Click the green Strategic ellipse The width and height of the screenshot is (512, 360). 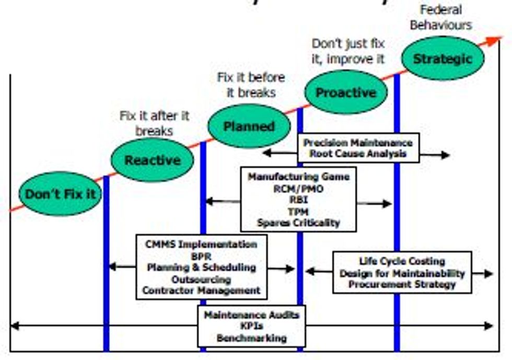coord(442,59)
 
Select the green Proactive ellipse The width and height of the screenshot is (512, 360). coord(346,92)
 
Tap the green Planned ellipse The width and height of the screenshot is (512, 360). coord(249,126)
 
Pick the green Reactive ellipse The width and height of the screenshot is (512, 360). coord(153,160)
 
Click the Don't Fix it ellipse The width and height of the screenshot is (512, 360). coord(61,194)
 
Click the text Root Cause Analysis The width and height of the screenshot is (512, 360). coord(358,154)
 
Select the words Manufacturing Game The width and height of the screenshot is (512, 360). coord(298,177)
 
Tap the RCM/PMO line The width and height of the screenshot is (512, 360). coord(298,189)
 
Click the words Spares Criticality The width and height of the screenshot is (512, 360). coord(298,223)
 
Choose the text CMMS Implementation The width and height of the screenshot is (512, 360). coord(201,245)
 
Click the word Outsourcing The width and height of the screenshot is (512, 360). coord(201,279)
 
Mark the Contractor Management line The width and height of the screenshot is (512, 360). coord(201,291)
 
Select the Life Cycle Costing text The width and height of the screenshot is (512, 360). coord(402,261)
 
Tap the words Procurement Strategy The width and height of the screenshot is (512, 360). coord(402,284)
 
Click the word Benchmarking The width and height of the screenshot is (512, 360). coord(251,338)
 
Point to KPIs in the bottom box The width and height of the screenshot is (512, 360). coord(251,327)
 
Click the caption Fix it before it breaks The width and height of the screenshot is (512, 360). coord(251,85)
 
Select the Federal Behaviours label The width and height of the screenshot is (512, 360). coord(440,17)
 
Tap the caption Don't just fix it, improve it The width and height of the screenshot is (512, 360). coord(348,51)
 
